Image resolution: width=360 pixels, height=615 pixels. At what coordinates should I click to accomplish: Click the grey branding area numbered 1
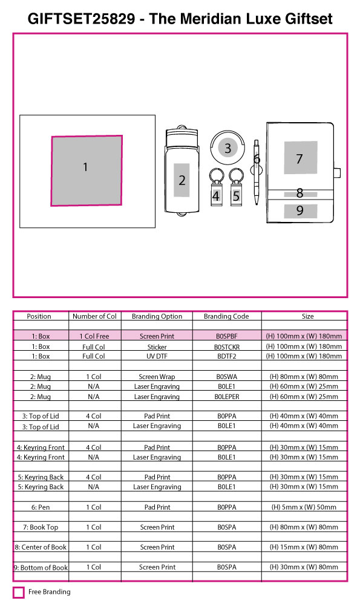click(x=87, y=171)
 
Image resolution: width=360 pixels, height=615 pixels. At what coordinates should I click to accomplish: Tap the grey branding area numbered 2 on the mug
click(x=182, y=180)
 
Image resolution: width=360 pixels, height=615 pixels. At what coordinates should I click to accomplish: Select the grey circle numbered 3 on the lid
click(x=227, y=148)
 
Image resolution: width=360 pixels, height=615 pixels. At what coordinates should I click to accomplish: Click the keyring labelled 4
click(x=216, y=187)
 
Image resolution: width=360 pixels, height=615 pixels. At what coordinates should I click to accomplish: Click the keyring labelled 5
click(x=236, y=187)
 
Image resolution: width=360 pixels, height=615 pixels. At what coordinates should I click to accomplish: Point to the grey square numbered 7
click(x=300, y=157)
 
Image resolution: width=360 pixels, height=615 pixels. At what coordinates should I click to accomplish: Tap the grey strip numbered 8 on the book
click(x=300, y=194)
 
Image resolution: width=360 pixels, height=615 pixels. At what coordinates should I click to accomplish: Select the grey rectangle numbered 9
click(x=300, y=211)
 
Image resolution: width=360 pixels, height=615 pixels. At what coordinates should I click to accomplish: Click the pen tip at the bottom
click(x=257, y=203)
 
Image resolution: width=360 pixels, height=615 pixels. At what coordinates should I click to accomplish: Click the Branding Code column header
click(x=226, y=316)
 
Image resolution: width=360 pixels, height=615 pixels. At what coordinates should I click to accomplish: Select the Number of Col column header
click(x=94, y=316)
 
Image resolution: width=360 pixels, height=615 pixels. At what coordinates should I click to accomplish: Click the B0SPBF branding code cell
click(x=227, y=336)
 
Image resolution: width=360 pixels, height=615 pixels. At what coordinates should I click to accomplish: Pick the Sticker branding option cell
click(x=157, y=347)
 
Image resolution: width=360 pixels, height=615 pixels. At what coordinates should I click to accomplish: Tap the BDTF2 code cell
click(x=227, y=356)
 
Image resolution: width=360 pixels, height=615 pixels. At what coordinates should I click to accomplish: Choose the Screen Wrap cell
click(x=157, y=377)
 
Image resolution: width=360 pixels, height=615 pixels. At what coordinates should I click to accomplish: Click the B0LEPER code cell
click(x=227, y=397)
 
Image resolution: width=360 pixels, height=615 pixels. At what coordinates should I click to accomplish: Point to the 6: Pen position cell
click(x=41, y=507)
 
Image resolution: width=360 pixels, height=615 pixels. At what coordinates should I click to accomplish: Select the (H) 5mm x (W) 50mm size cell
click(x=304, y=507)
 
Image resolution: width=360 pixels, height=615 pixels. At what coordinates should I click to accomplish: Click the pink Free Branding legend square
click(x=18, y=592)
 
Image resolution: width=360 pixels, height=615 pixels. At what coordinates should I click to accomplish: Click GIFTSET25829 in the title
click(x=81, y=18)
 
